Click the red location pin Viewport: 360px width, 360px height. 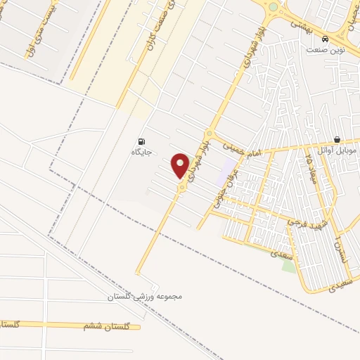point(181,165)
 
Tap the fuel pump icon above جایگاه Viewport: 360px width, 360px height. point(143,141)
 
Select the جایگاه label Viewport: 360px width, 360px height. point(142,151)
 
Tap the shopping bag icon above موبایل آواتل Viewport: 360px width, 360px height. point(338,140)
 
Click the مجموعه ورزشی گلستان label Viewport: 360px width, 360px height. point(145,296)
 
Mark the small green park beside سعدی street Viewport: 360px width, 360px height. point(288,265)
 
